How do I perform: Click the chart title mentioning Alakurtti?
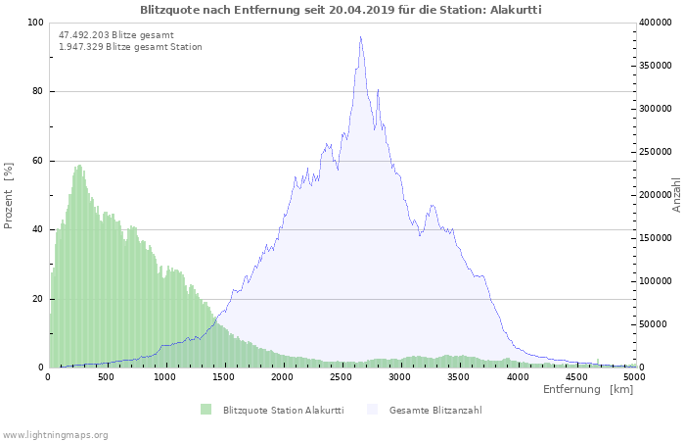coord(341,9)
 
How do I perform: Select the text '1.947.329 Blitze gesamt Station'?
coord(130,46)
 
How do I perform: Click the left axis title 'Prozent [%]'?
coord(9,196)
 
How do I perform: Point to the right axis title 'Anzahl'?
coord(676,195)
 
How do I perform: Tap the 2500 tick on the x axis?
coord(342,376)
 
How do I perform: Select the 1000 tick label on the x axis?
coord(165,376)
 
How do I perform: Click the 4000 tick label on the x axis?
coord(518,376)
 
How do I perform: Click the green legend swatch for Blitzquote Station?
coord(205,410)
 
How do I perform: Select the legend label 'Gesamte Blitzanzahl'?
coord(435,410)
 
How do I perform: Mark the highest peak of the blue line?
coord(360,37)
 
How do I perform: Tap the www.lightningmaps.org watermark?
coord(55,434)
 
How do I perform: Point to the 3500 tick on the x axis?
coord(459,376)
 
